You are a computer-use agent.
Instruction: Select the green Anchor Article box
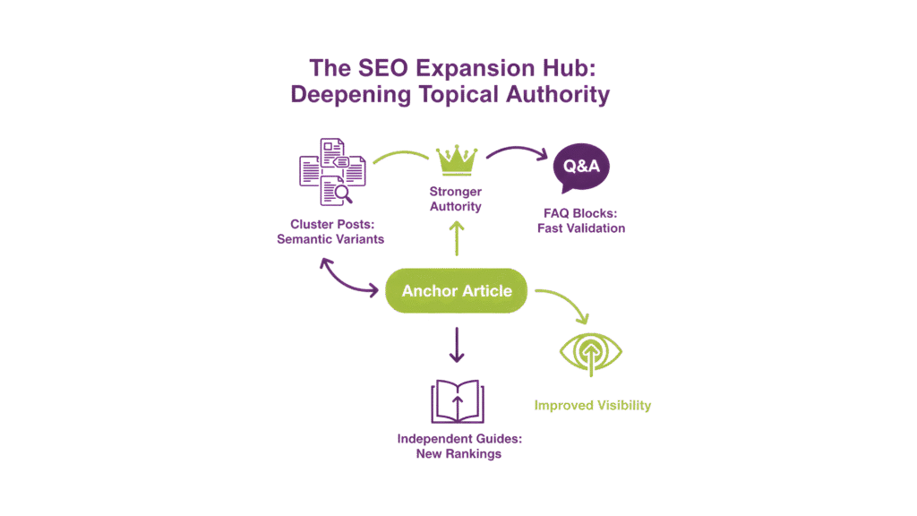click(457, 290)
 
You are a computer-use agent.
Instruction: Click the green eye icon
click(591, 352)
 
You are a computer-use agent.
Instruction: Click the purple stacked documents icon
click(330, 170)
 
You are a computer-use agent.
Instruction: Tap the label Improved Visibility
click(592, 406)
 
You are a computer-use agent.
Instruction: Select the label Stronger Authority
click(457, 199)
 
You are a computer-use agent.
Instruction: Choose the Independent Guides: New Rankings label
click(458, 446)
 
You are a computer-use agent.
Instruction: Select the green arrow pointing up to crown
click(457, 239)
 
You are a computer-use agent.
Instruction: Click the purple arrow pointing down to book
click(458, 345)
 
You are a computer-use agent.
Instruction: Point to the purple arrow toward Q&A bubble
click(517, 153)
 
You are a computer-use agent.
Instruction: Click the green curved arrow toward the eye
click(564, 302)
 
